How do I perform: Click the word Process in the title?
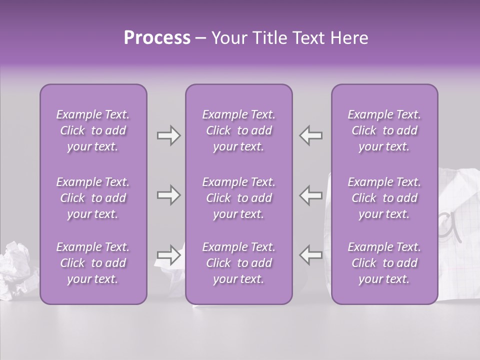[x=157, y=38]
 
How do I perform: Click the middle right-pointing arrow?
[x=169, y=195]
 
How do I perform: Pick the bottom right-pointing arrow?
[x=169, y=255]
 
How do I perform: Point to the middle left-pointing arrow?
[x=310, y=195]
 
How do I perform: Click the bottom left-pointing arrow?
[x=310, y=255]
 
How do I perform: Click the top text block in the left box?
[x=93, y=130]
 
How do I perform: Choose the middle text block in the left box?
[x=93, y=198]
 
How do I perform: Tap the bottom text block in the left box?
[x=93, y=263]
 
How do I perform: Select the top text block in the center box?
[x=238, y=130]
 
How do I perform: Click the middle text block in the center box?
[x=238, y=198]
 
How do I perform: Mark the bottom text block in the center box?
[x=238, y=263]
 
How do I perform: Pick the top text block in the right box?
[x=384, y=130]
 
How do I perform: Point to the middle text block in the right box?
[x=384, y=198]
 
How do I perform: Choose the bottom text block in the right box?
[x=384, y=263]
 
